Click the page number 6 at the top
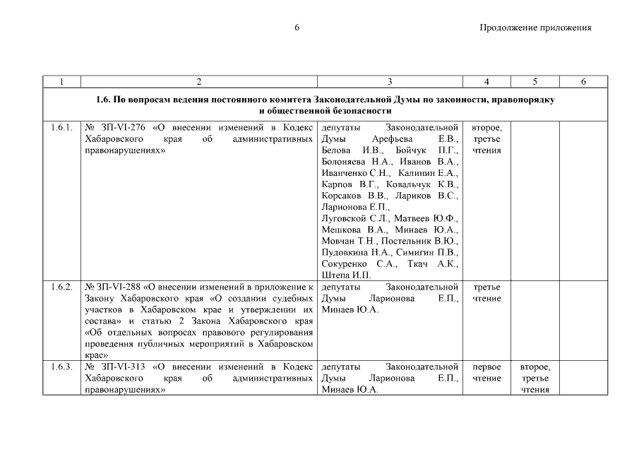297,28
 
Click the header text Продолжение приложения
535,28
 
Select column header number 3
390,82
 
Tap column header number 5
535,82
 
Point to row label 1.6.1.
61,128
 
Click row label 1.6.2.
61,287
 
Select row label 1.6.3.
61,367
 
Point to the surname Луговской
345,218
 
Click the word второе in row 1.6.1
486,128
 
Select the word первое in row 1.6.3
486,367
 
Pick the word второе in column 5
535,367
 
